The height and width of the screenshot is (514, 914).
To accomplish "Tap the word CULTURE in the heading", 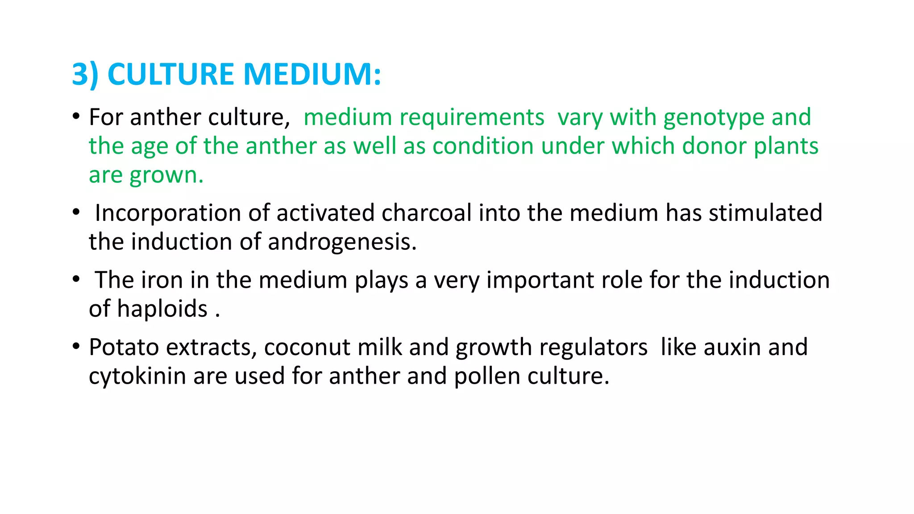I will pos(170,74).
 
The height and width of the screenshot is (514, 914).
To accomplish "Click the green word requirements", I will pos(472,118).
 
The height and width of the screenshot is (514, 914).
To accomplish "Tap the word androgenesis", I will pos(342,242).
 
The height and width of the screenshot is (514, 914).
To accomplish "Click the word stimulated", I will pos(765,213).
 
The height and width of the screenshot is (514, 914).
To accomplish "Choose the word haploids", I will pos(162,309).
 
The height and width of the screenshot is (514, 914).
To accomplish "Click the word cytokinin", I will pos(137,376).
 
